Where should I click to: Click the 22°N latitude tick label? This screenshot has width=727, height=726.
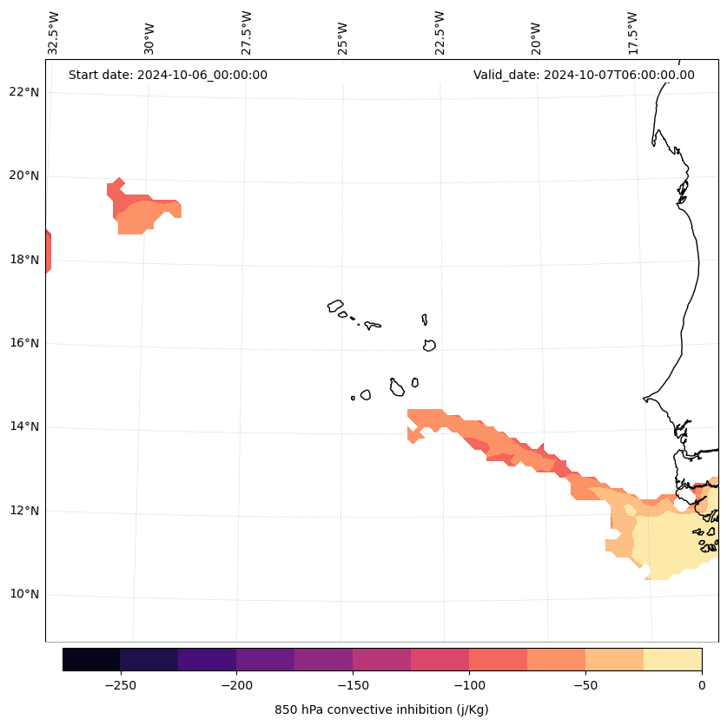point(23,92)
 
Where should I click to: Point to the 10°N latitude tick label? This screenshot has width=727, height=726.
point(23,594)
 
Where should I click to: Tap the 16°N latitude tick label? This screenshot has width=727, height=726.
point(23,343)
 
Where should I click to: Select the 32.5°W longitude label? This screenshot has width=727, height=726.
point(54,32)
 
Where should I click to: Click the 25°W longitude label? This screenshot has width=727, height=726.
point(343,36)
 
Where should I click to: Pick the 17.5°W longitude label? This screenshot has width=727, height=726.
point(633,32)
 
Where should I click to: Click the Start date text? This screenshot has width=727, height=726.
point(168,75)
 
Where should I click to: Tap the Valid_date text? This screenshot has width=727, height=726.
point(584,75)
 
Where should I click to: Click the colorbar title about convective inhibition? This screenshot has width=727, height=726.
point(381,709)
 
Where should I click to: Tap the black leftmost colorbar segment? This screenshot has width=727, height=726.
point(91,659)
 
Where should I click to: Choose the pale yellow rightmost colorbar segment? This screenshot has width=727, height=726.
point(672,659)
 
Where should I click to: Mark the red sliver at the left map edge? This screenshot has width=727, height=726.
point(48,252)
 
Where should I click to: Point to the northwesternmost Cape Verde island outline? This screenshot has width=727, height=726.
point(335,306)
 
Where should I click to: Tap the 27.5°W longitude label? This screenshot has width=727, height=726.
point(247,32)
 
